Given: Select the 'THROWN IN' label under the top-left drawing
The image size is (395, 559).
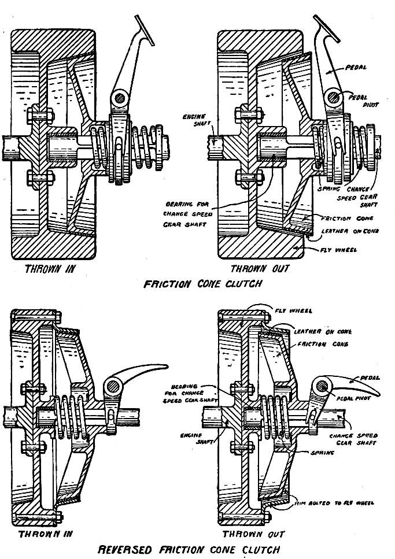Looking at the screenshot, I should pos(55,269).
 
